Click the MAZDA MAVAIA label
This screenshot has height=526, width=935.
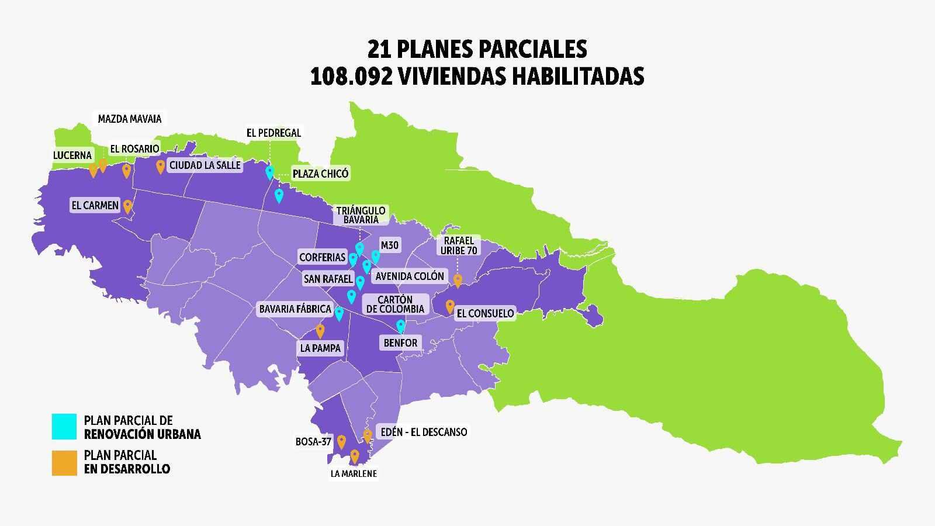pos(129,119)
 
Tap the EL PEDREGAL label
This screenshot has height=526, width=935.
pos(273,133)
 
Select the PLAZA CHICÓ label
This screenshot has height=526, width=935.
pos(320,174)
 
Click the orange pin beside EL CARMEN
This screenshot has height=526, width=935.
pos(127,206)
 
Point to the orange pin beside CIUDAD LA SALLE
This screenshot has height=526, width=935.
pos(160,167)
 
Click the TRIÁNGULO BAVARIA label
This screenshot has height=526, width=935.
pos(361,215)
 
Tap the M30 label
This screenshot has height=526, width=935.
pos(389,245)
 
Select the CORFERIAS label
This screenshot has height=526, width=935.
pos(322,257)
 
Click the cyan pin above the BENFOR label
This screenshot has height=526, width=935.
pos(400,326)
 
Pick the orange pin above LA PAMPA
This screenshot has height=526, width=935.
pos(320,331)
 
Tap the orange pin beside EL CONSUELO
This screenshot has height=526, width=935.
pos(450,306)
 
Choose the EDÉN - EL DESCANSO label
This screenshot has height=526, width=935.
pos(423,432)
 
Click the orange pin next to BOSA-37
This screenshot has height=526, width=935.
pos(341,441)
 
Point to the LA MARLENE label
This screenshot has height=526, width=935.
pos(354,473)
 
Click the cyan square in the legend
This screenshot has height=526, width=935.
pos(64,427)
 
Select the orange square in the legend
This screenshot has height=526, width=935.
pos(64,462)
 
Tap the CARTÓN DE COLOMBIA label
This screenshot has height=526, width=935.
pos(395,304)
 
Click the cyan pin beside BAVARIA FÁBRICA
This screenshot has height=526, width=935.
pos(339,313)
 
